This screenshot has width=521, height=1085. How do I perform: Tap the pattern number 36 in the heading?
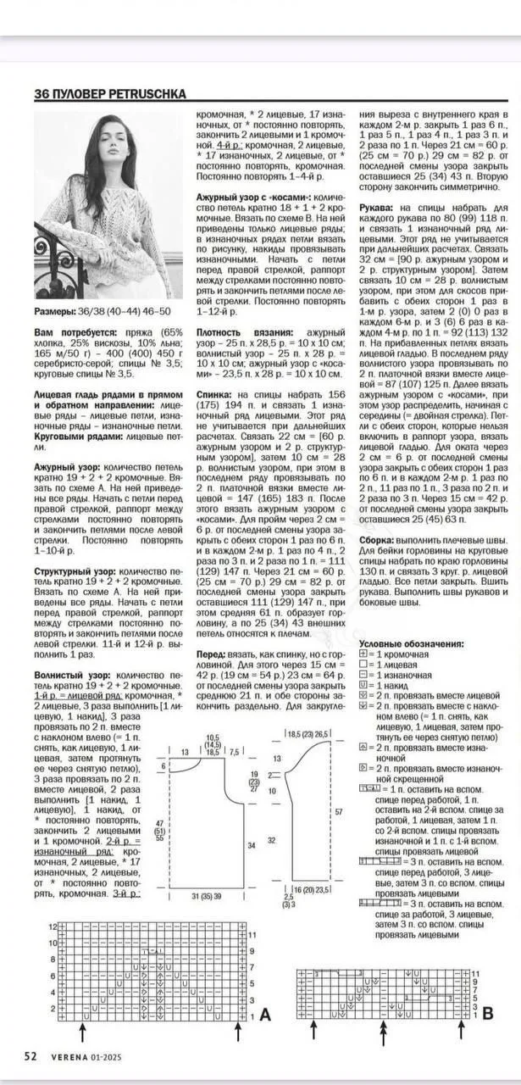click(x=42, y=94)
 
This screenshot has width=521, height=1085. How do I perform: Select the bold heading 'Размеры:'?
click(x=55, y=311)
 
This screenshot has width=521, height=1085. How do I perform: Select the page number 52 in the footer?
click(x=30, y=1056)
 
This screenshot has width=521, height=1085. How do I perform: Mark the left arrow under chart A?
click(x=81, y=1031)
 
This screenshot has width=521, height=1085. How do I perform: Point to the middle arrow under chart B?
click(x=383, y=1031)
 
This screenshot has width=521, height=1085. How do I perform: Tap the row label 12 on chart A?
click(x=52, y=927)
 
